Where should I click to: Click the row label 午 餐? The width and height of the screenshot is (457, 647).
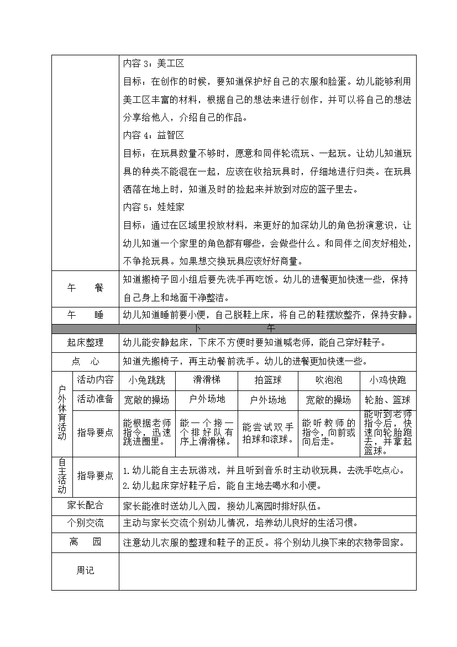tap(85, 288)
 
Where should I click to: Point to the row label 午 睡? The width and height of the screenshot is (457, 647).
tap(85, 315)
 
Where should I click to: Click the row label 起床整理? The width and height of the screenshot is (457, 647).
tap(85, 343)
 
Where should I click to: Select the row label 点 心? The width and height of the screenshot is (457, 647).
tap(85, 362)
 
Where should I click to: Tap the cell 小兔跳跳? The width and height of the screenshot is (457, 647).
tap(146, 380)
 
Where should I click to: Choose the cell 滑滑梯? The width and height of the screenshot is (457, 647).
tap(206, 380)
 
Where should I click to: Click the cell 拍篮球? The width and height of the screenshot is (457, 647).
tap(267, 380)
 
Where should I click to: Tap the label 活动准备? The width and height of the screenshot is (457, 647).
tap(95, 399)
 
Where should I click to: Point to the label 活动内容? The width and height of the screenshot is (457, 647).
tap(95, 379)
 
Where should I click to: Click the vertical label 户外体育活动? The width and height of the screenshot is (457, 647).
tap(62, 413)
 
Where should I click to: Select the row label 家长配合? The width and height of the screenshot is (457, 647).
tap(85, 505)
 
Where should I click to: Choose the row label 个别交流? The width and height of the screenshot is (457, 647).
tap(85, 523)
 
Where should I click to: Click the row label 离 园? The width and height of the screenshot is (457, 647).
tap(85, 542)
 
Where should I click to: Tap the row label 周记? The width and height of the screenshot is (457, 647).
tap(85, 571)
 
